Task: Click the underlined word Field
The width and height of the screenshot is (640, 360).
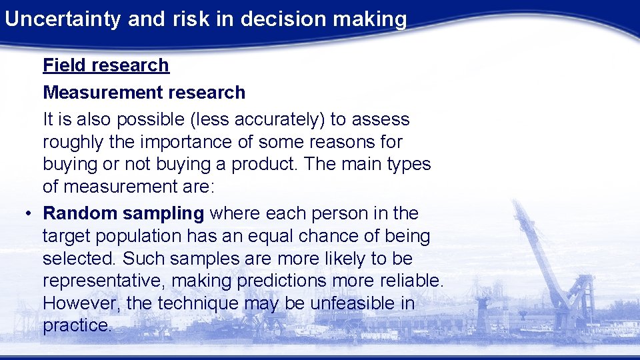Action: [65, 65]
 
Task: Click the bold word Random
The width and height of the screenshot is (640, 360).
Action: [81, 213]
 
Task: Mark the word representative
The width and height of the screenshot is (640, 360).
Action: [105, 281]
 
